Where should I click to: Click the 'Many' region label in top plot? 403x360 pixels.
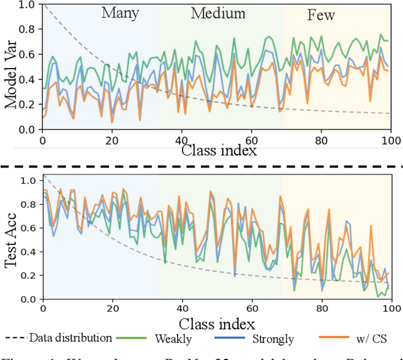coord(121,13)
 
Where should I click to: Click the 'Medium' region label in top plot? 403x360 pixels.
coord(219,13)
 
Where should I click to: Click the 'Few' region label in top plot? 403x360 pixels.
coord(321,15)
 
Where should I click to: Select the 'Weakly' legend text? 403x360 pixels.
coord(174,338)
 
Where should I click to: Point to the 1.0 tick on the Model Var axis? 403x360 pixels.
coord(26,5)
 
